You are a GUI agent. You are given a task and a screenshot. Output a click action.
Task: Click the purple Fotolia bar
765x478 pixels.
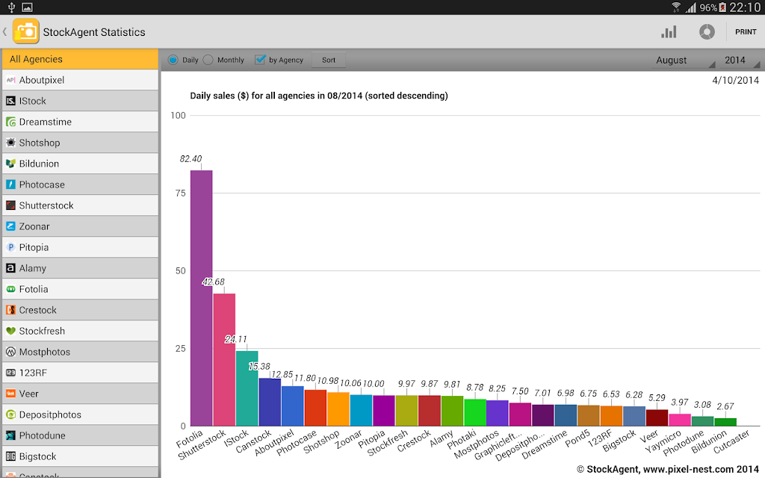tap(201, 298)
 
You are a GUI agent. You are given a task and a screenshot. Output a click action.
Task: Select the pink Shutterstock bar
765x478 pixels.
tap(224, 360)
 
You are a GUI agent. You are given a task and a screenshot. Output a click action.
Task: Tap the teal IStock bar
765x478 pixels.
tap(247, 388)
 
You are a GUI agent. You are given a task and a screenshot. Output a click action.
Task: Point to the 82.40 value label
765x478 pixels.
tap(191, 159)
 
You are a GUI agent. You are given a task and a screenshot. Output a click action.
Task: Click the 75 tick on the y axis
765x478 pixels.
tap(181, 193)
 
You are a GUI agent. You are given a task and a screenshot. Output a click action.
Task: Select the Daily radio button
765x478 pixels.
tap(173, 60)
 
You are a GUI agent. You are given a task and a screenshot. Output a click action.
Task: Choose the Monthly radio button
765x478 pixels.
tap(208, 60)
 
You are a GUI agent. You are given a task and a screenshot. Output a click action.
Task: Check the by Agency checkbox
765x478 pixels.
tap(260, 60)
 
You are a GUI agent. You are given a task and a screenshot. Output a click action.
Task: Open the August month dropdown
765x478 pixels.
tap(683, 60)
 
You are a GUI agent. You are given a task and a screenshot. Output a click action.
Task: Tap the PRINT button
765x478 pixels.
tap(746, 31)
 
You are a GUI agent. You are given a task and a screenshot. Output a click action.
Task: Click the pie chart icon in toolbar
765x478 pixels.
tap(707, 32)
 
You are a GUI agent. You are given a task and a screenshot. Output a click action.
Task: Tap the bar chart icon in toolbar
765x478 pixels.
tap(669, 32)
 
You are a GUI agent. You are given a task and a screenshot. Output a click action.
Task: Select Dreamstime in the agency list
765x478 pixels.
tap(81, 122)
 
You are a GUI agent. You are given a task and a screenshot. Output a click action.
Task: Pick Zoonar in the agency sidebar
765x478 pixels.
tap(81, 226)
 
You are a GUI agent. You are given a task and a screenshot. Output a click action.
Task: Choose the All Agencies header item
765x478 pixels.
tap(81, 59)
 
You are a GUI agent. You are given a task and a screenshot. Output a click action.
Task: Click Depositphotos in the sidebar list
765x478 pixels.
tap(81, 415)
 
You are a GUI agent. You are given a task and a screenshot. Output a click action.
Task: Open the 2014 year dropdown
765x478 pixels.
tap(739, 60)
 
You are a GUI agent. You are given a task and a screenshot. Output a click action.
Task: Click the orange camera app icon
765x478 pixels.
tap(26, 31)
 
